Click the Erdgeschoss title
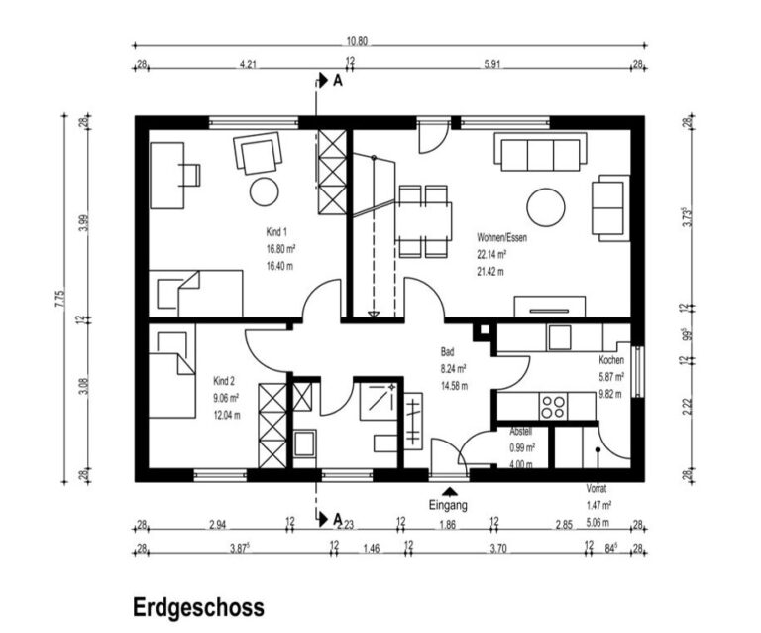[x=198, y=607]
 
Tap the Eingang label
[x=448, y=504]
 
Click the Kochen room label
[x=611, y=360]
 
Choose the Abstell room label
[x=521, y=432]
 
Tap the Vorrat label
[x=597, y=489]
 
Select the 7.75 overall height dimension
[x=60, y=298]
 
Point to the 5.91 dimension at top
[x=491, y=65]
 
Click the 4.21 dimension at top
[x=248, y=65]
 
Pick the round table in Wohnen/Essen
[x=545, y=207]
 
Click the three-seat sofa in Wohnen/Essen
[x=540, y=154]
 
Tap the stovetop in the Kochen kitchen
[x=553, y=406]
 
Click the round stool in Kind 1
[x=264, y=190]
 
